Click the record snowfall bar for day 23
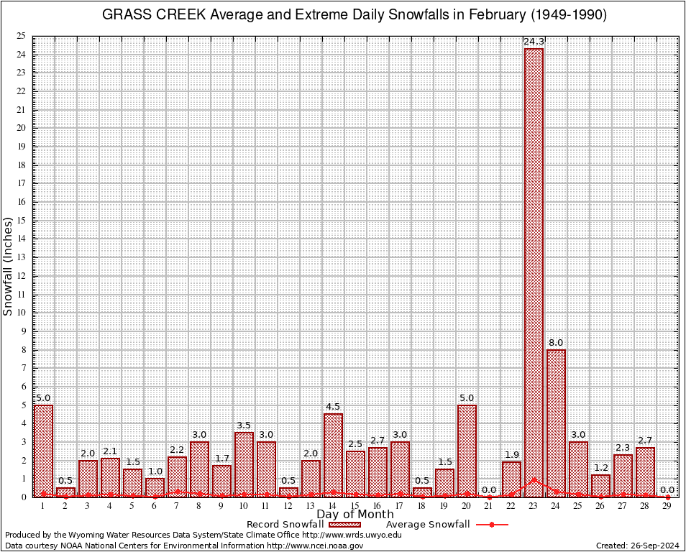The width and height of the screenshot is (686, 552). (x=534, y=273)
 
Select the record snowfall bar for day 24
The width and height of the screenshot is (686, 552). (x=556, y=423)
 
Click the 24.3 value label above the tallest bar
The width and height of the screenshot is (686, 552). (x=534, y=42)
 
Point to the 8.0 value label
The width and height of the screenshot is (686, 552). (x=556, y=343)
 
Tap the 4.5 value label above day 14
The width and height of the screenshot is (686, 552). (x=333, y=407)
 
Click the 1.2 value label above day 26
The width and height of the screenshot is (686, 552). (x=600, y=468)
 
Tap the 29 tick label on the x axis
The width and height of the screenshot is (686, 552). (x=667, y=506)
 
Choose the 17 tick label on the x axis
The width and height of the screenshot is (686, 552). (x=400, y=506)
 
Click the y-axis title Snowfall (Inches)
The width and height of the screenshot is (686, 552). (x=9, y=267)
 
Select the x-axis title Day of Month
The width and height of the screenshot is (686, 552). (x=355, y=515)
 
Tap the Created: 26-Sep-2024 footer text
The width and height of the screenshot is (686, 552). (x=637, y=546)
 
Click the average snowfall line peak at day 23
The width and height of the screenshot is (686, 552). (x=534, y=479)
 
